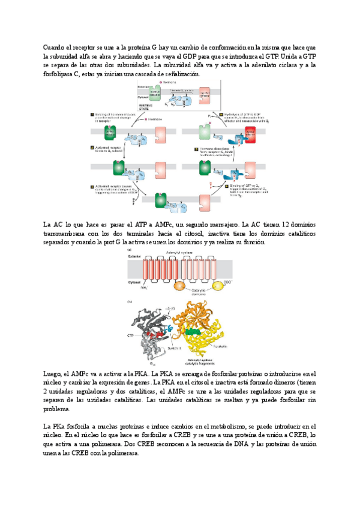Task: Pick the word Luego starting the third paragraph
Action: coord(55,373)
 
